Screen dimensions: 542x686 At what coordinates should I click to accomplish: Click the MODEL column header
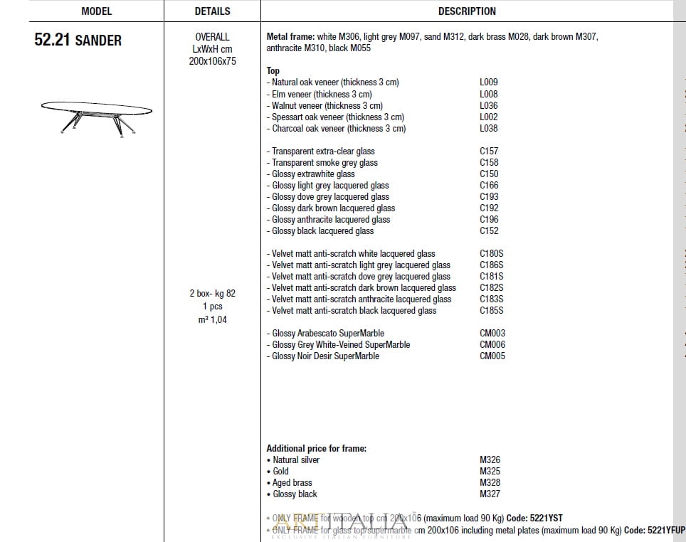click(x=96, y=11)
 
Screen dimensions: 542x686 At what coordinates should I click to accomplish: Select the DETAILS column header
click(x=212, y=11)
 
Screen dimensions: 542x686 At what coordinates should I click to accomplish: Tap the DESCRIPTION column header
click(x=467, y=11)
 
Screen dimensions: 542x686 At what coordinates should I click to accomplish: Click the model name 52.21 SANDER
click(x=78, y=40)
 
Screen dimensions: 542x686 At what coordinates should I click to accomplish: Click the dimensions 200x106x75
click(x=212, y=61)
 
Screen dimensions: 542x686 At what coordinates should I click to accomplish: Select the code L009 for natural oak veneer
click(x=489, y=83)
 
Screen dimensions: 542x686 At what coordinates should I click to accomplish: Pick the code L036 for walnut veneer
click(x=489, y=105)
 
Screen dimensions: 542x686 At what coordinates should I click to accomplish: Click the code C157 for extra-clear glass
click(x=489, y=151)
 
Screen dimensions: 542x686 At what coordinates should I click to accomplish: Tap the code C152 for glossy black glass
click(x=489, y=230)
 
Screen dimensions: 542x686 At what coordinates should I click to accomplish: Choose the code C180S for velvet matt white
click(x=492, y=253)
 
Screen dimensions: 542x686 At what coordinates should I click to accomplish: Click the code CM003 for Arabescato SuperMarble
click(x=492, y=333)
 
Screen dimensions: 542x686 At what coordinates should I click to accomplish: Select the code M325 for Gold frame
click(x=490, y=471)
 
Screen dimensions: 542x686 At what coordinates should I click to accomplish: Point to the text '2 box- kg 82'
click(x=212, y=293)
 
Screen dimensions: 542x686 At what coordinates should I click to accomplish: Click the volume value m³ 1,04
click(x=212, y=319)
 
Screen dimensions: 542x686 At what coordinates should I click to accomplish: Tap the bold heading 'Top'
click(x=273, y=70)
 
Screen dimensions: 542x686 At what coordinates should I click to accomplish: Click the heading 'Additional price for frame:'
click(x=317, y=448)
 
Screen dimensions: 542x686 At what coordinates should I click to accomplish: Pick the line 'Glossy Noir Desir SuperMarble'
click(x=325, y=356)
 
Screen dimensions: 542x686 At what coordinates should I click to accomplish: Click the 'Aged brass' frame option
click(x=292, y=482)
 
